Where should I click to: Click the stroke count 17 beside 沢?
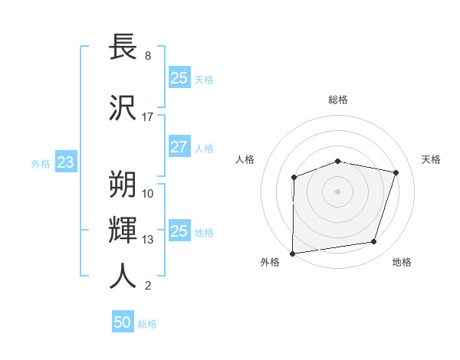coord(148,117)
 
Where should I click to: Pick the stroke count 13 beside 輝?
coord(148,240)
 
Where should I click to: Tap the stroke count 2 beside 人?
coord(148,286)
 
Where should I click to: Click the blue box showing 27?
coord(179,148)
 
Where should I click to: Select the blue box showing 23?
coord(65,162)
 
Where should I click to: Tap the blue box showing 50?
coord(123,322)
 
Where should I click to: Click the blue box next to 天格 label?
coord(179,78)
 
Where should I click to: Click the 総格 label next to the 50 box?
coord(147,324)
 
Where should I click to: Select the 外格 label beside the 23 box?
coord(41,163)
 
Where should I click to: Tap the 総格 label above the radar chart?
coord(338,100)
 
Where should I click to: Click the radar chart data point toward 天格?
coord(396,172)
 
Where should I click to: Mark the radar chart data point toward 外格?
coord(292,254)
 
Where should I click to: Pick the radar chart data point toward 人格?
coord(294,178)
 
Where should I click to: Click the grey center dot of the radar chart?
coord(338,191)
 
